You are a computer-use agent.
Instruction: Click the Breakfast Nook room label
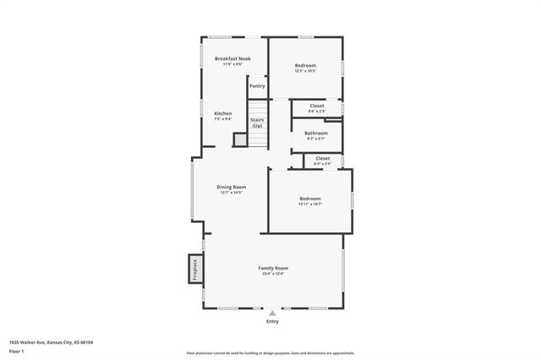click(x=232, y=58)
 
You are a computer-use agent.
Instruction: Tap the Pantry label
click(x=257, y=85)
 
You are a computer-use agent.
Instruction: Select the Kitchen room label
click(x=222, y=113)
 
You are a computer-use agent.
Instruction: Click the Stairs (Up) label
click(x=257, y=123)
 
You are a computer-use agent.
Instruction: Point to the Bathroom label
click(x=316, y=133)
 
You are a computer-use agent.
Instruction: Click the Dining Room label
click(x=232, y=187)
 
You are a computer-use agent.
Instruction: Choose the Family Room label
click(x=272, y=268)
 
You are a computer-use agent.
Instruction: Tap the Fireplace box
click(x=195, y=270)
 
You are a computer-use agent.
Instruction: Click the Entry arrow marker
click(x=272, y=313)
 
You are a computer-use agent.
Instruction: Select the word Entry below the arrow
click(x=272, y=321)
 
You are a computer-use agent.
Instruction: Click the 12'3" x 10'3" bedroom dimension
click(x=305, y=71)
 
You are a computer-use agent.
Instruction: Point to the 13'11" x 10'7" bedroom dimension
click(x=310, y=204)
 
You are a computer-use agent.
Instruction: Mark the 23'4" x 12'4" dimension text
click(x=272, y=274)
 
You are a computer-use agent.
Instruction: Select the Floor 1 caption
click(x=17, y=351)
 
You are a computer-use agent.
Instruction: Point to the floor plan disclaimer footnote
click(x=270, y=352)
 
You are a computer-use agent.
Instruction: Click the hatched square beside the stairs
click(x=239, y=141)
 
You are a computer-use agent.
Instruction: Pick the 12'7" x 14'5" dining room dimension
click(x=232, y=193)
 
